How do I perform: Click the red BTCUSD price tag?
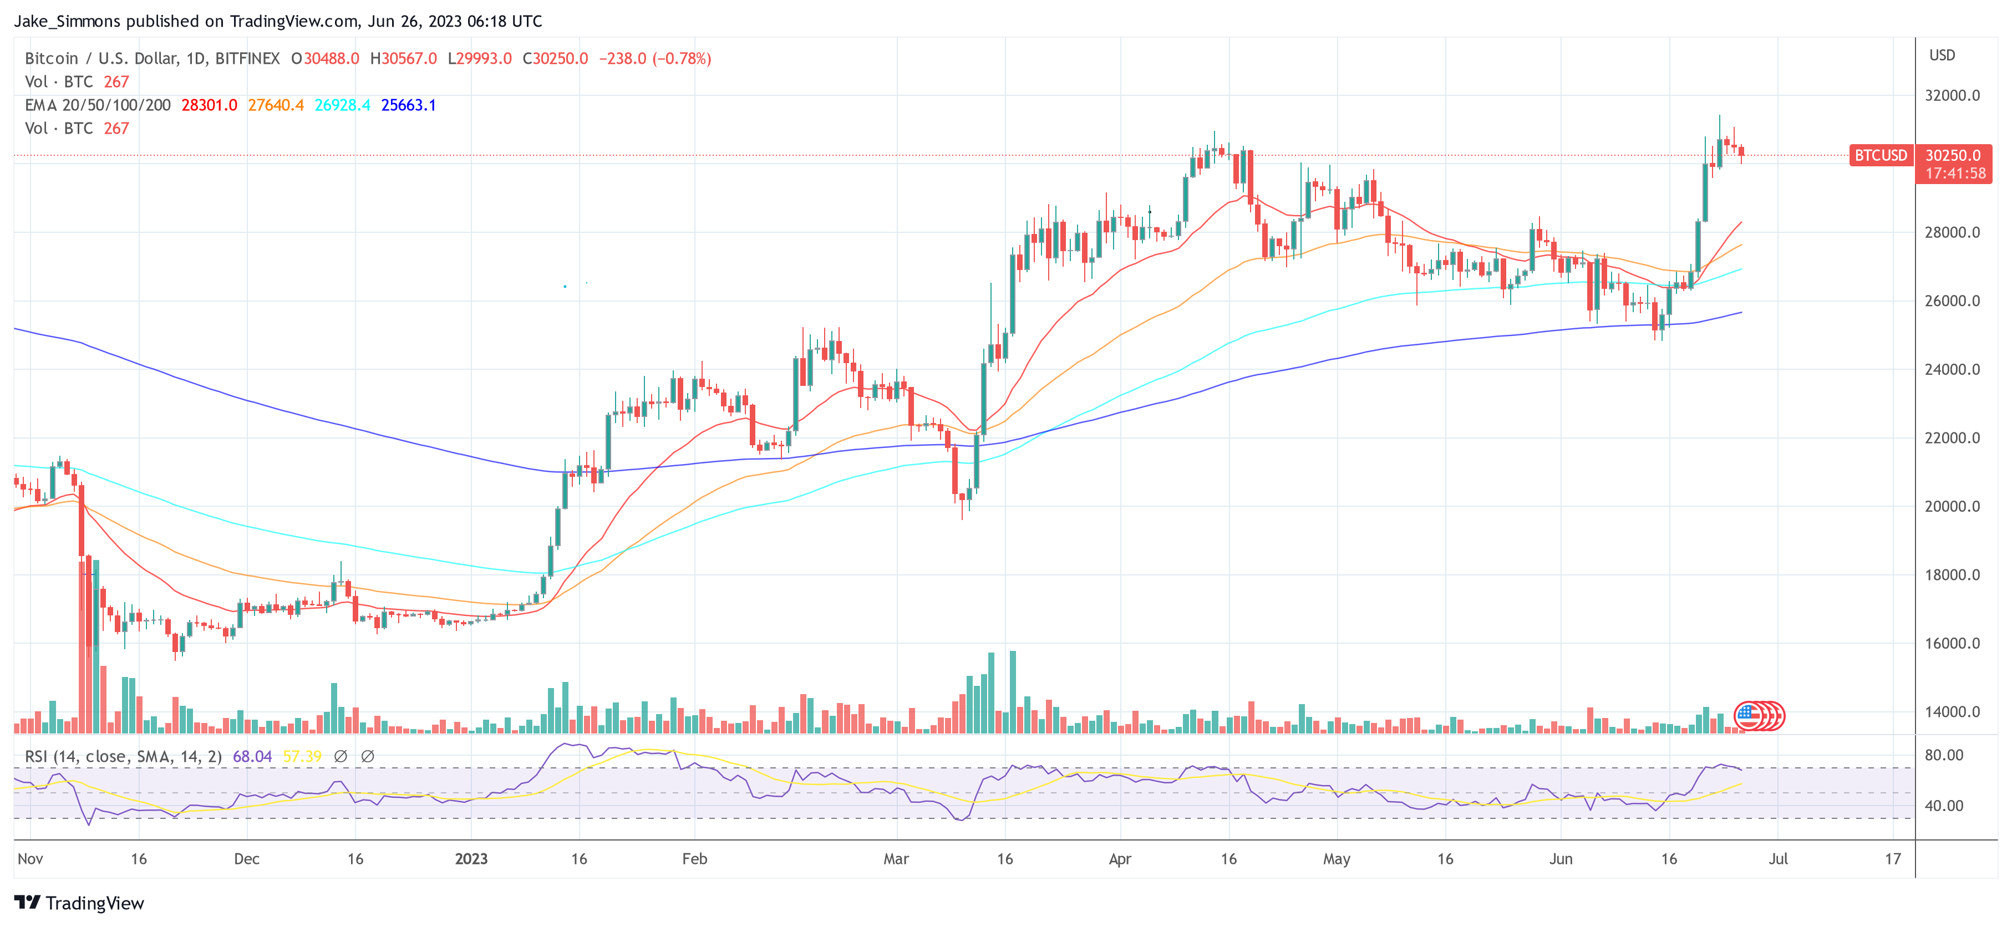click(1881, 155)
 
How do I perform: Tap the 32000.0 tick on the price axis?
click(1952, 95)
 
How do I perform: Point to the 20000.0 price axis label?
click(1952, 506)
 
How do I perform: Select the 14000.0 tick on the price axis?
click(1952, 711)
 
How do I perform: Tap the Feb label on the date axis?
click(694, 859)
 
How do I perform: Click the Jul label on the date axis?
click(1777, 859)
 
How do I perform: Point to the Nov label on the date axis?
click(30, 859)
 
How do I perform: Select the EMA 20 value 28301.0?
click(209, 105)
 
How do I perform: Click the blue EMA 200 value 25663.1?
click(409, 105)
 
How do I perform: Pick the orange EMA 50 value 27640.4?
click(276, 105)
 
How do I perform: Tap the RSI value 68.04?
click(252, 757)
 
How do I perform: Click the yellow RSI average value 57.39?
click(302, 757)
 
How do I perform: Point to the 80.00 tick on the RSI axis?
click(1943, 755)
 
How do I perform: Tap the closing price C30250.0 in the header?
click(555, 59)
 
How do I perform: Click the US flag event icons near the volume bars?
click(1758, 715)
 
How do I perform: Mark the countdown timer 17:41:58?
click(1955, 174)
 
